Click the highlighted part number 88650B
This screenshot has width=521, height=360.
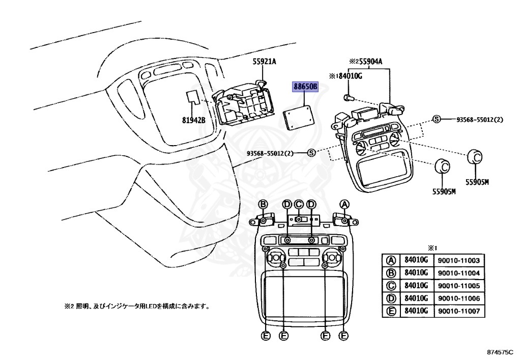(305, 87)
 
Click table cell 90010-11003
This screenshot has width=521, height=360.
(457, 260)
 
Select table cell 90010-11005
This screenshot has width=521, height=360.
(457, 286)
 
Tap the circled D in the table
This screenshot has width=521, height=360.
(391, 298)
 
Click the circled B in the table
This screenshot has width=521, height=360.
(391, 272)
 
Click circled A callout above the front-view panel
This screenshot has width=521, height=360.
(345, 204)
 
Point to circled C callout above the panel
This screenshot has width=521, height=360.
(299, 204)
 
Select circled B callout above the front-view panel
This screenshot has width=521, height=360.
(264, 204)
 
